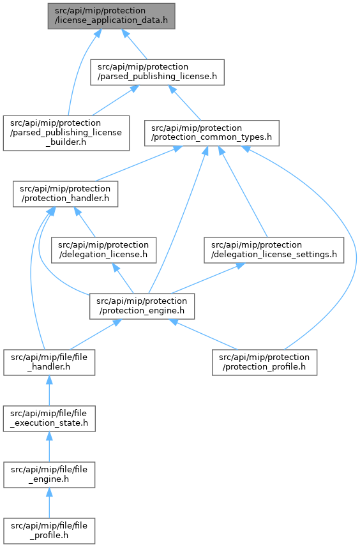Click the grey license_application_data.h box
pos(111,17)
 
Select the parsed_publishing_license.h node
pos(157,72)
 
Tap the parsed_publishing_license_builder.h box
pos(66,133)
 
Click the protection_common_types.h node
pos(212,133)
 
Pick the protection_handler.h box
pos(66,194)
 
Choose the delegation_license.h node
pos(103,250)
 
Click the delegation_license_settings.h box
pos(274,250)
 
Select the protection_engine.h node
pos(142,306)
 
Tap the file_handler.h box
pos(49,363)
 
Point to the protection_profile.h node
pos(264,363)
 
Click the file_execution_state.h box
pos(49,419)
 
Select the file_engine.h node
pos(49,475)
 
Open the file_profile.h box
pos(49,531)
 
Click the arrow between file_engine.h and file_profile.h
pos(49,503)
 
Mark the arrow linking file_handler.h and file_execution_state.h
pos(49,391)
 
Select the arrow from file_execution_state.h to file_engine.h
pos(49,447)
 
